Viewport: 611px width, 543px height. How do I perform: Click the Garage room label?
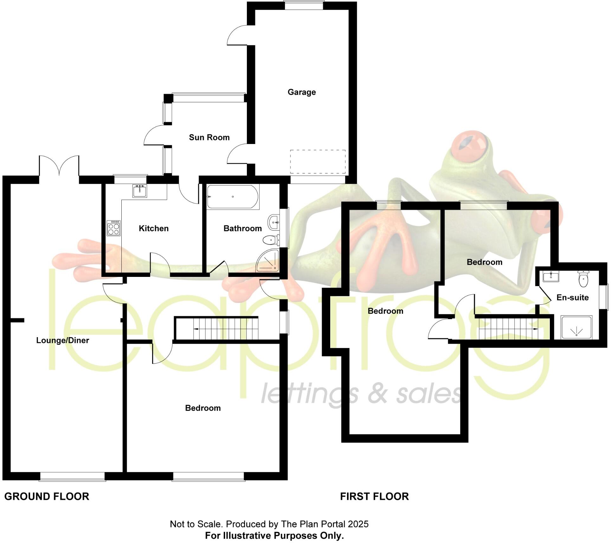pyautogui.click(x=301, y=92)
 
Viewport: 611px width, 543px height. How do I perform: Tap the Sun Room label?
pyautogui.click(x=209, y=137)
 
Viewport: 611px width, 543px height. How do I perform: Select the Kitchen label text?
pyautogui.click(x=154, y=228)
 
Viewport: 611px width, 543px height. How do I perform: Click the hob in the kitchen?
pyautogui.click(x=114, y=228)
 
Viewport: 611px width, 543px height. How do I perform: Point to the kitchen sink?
pyautogui.click(x=140, y=191)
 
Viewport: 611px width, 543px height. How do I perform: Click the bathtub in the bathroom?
pyautogui.click(x=233, y=197)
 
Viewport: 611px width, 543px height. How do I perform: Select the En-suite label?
pyautogui.click(x=572, y=298)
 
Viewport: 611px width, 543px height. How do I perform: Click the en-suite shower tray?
pyautogui.click(x=576, y=327)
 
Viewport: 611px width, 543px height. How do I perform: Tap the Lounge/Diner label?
pyautogui.click(x=63, y=340)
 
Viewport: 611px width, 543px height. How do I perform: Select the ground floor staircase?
pyautogui.click(x=216, y=328)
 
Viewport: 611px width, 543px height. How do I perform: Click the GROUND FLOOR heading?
pyautogui.click(x=47, y=496)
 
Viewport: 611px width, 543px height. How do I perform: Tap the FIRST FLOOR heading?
pyautogui.click(x=374, y=496)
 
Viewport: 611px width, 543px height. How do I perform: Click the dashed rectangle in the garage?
pyautogui.click(x=318, y=161)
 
